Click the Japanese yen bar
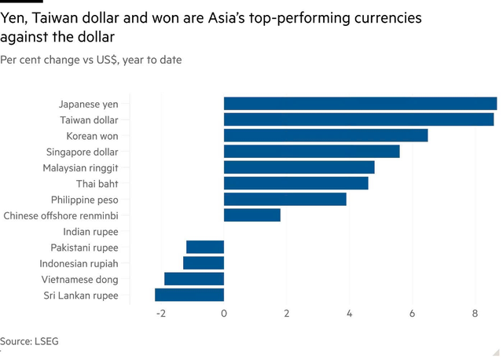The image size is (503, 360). click(360, 104)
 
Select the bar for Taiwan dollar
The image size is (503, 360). click(358, 119)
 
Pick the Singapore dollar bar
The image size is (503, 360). click(311, 152)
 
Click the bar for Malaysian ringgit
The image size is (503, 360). click(299, 167)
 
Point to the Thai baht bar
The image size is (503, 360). click(296, 183)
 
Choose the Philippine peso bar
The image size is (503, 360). click(285, 200)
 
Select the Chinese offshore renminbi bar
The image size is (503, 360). click(251, 215)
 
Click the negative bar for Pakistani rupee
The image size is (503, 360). click(205, 248)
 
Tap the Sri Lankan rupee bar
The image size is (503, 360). click(189, 296)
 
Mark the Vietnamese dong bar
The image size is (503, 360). click(194, 279)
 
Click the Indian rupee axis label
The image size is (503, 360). click(90, 232)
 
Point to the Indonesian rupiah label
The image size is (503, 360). click(79, 263)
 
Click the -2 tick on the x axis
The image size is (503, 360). click(160, 314)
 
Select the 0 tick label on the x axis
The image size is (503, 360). click(224, 314)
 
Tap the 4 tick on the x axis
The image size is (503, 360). click(349, 314)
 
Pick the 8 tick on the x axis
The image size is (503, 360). click(475, 314)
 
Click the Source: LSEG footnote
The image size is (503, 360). click(29, 341)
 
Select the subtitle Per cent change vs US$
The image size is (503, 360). click(90, 60)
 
